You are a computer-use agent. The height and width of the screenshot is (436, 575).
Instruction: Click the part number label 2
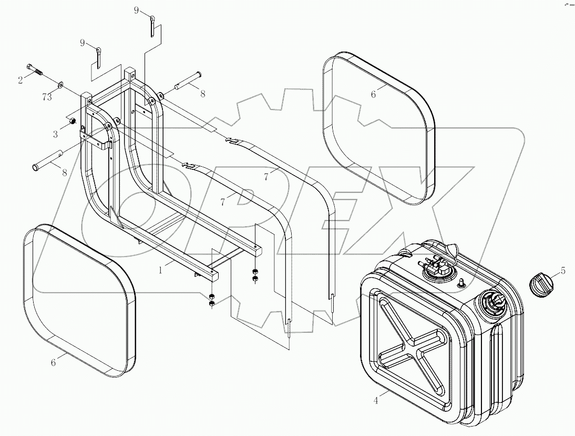pyautogui.click(x=20, y=80)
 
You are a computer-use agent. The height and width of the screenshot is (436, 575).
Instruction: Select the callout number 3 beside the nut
pyautogui.click(x=55, y=134)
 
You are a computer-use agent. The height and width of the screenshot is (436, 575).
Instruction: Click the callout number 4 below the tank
pyautogui.click(x=375, y=401)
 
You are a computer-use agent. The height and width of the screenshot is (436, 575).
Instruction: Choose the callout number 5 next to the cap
pyautogui.click(x=563, y=271)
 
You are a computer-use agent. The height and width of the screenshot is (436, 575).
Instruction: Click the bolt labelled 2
pyautogui.click(x=35, y=70)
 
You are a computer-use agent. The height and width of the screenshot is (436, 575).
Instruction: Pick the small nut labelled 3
pyautogui.click(x=69, y=123)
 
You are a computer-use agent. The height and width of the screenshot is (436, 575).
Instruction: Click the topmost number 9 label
pyautogui.click(x=136, y=11)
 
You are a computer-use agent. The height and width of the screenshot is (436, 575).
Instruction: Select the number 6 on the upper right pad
pyautogui.click(x=374, y=94)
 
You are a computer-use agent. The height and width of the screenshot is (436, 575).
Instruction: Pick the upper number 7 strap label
pyautogui.click(x=267, y=177)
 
